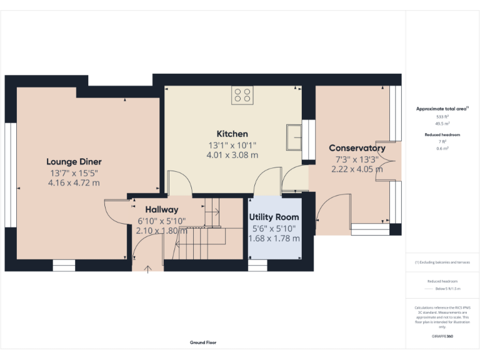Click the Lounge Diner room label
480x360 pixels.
(74, 162)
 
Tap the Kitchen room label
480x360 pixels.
(232, 134)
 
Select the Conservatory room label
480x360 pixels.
(357, 148)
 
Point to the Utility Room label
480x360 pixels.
(274, 217)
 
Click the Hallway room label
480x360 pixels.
(162, 210)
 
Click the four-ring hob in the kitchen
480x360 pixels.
(242, 95)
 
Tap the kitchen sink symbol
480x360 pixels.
(294, 137)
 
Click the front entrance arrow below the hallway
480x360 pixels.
(148, 269)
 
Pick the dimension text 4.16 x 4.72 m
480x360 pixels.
(74, 183)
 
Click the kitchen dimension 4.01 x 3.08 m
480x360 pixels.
(232, 155)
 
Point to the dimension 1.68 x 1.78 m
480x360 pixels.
(274, 238)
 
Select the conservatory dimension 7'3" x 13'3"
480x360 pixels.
(357, 159)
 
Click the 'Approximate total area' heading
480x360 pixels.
(442, 109)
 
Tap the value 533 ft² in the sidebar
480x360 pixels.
(442, 117)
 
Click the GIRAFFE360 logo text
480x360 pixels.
(442, 337)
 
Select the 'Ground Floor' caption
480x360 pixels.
(203, 342)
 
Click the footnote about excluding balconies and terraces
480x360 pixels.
(442, 262)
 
